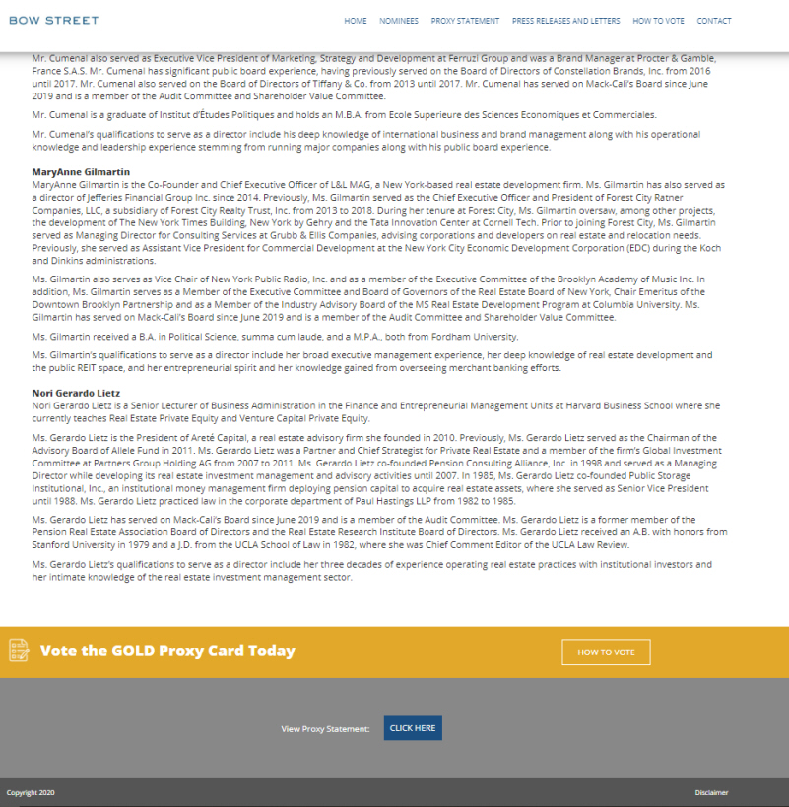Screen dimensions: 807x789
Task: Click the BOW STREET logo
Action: tap(53, 20)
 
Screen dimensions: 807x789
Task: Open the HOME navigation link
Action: tap(356, 21)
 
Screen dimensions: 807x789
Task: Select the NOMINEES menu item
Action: tap(399, 21)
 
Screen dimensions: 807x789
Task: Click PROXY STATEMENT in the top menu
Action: tap(465, 21)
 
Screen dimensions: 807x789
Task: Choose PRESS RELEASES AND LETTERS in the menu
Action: tap(565, 21)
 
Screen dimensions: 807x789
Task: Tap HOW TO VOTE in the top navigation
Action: tap(658, 21)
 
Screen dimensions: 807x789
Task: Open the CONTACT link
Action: tap(714, 21)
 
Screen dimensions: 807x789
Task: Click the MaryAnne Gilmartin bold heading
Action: tap(81, 171)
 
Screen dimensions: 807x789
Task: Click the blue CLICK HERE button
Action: tap(413, 728)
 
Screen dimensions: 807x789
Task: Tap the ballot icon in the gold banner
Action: tap(19, 651)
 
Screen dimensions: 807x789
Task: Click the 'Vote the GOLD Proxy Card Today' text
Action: tap(167, 651)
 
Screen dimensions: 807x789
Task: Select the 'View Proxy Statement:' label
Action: tap(325, 729)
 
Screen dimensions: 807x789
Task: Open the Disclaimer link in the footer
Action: tap(711, 792)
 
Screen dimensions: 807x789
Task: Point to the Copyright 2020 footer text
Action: tap(31, 792)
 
